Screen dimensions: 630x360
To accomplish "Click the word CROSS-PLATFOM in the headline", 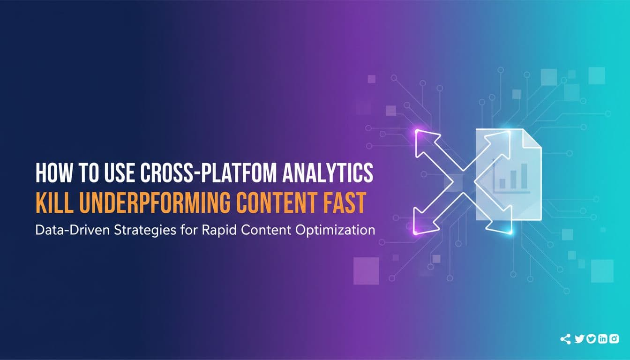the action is [209, 172].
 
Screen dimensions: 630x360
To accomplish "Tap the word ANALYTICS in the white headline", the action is [328, 172].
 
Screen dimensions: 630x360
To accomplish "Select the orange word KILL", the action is [53, 203].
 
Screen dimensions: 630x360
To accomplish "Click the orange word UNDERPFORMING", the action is [154, 203].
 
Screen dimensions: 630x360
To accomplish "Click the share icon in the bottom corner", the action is [565, 339].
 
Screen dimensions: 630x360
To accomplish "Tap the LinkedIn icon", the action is [603, 338].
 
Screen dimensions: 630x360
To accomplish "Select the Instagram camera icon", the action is [614, 338].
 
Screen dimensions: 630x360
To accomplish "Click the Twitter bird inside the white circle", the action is [591, 338].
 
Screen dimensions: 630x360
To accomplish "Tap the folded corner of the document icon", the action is [532, 138].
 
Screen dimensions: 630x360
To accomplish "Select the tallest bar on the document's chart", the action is [524, 176].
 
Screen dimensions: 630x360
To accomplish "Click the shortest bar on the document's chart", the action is [502, 184].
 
